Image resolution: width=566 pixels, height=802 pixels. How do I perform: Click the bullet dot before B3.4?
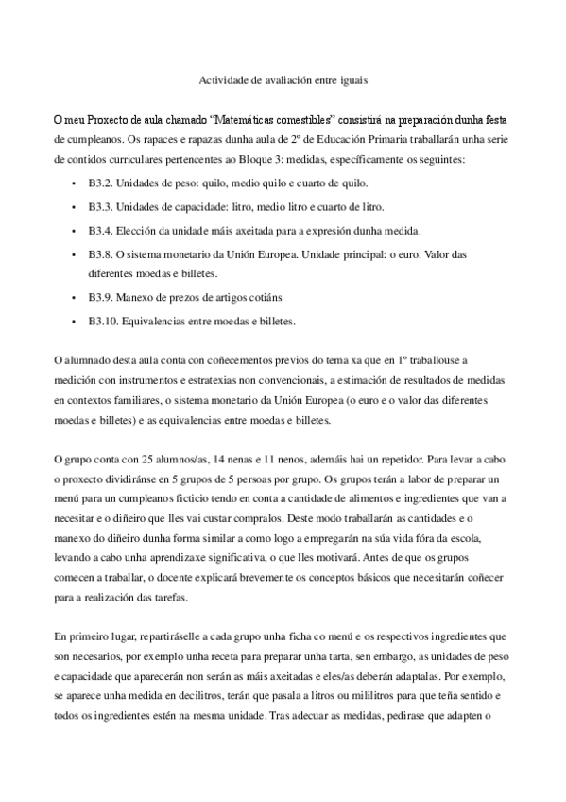(75, 230)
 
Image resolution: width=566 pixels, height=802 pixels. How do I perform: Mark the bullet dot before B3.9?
(75, 297)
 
